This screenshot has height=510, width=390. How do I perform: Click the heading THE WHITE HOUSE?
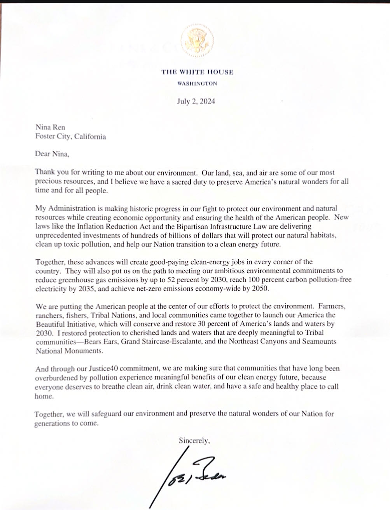(198, 72)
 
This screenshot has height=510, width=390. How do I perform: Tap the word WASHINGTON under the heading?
(197, 84)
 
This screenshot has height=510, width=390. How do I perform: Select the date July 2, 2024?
(196, 101)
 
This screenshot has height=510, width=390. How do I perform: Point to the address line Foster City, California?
(70, 136)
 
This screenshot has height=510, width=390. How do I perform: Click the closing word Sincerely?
(194, 440)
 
